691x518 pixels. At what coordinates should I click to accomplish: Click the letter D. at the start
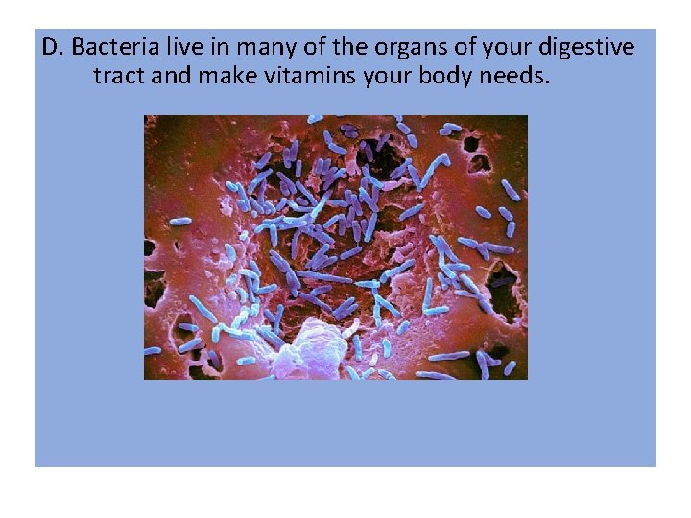tap(54, 47)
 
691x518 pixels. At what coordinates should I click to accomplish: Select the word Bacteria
tap(107, 47)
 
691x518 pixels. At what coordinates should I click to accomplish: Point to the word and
tap(172, 75)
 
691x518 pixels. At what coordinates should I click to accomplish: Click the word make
tap(226, 75)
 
